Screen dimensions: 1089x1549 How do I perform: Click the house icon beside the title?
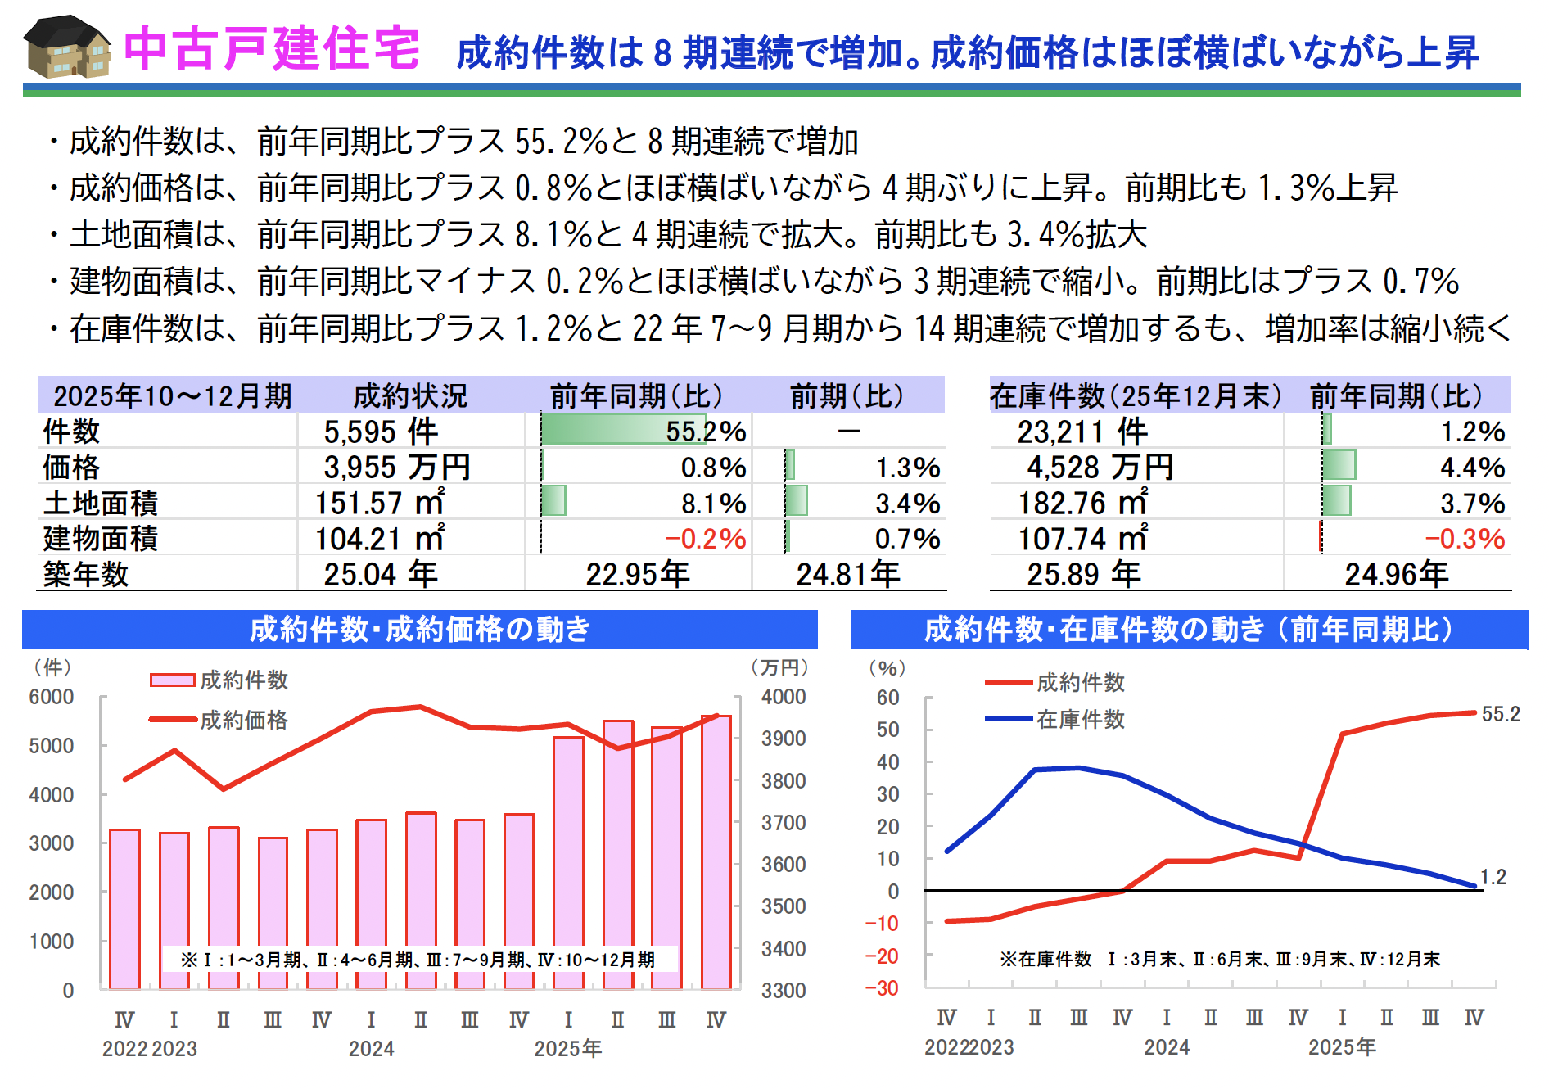tap(67, 47)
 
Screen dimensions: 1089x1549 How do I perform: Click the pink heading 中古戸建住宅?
tap(272, 49)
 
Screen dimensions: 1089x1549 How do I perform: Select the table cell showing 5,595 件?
tap(381, 432)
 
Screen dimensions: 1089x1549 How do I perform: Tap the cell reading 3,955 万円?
tap(397, 468)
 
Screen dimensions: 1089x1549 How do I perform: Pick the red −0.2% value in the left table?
tap(705, 539)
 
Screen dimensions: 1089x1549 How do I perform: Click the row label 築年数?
tap(86, 574)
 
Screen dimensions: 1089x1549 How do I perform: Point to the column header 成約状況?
tap(410, 396)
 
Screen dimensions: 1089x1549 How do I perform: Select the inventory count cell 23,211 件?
tap(1082, 432)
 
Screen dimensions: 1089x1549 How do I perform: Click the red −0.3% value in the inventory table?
tap(1465, 539)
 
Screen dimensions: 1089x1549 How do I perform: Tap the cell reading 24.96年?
tap(1396, 574)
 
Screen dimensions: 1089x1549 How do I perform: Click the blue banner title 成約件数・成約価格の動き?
tap(419, 630)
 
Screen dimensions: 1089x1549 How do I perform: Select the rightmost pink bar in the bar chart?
tap(716, 852)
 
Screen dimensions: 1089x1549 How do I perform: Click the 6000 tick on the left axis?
tap(52, 697)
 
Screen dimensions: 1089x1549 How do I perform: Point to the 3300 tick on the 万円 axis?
tap(784, 991)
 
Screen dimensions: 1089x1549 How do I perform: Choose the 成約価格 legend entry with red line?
tap(244, 720)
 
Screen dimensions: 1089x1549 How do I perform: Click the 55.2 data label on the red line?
tap(1500, 714)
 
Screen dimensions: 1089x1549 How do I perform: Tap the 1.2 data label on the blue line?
tap(1493, 877)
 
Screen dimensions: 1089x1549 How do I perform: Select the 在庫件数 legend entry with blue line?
tap(1080, 719)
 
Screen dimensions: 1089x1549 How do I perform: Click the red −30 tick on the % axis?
tap(882, 988)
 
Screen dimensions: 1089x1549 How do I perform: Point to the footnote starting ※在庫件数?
tap(1219, 959)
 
